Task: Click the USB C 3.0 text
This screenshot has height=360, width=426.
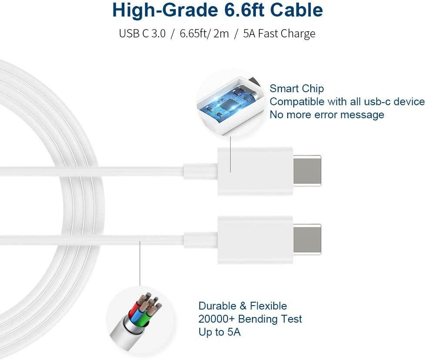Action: [142, 33]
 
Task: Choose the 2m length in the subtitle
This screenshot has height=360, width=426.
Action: [221, 33]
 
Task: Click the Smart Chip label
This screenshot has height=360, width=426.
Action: [297, 89]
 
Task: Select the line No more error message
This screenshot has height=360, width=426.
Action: [327, 115]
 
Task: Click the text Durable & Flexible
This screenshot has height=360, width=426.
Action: [242, 306]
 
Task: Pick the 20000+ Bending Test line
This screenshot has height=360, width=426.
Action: [250, 319]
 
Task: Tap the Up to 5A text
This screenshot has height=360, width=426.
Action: [219, 332]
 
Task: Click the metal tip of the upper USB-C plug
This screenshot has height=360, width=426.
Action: [307, 170]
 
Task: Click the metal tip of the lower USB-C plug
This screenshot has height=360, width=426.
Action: [307, 240]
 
